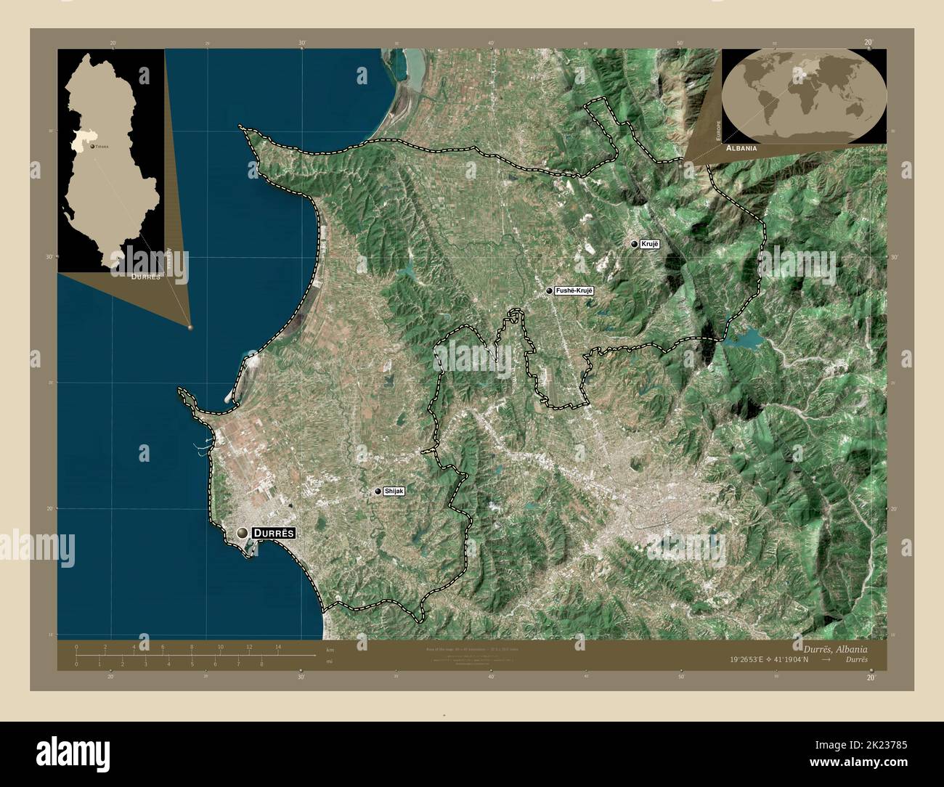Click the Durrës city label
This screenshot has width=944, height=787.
click(274, 533)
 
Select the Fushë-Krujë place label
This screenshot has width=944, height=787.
click(574, 290)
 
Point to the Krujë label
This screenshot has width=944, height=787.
click(649, 245)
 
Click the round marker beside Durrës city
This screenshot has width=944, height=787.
click(242, 534)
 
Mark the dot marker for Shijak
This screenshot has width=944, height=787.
click(378, 492)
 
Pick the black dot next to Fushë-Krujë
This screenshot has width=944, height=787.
click(549, 291)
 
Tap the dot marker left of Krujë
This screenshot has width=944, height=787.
click(634, 245)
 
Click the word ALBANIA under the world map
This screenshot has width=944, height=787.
click(741, 147)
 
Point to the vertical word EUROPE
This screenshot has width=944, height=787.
click(717, 129)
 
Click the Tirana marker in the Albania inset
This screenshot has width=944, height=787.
click(91, 145)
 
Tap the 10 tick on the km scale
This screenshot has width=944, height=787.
click(220, 647)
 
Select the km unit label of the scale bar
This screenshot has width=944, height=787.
click(330, 649)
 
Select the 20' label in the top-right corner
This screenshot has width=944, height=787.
click(868, 43)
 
